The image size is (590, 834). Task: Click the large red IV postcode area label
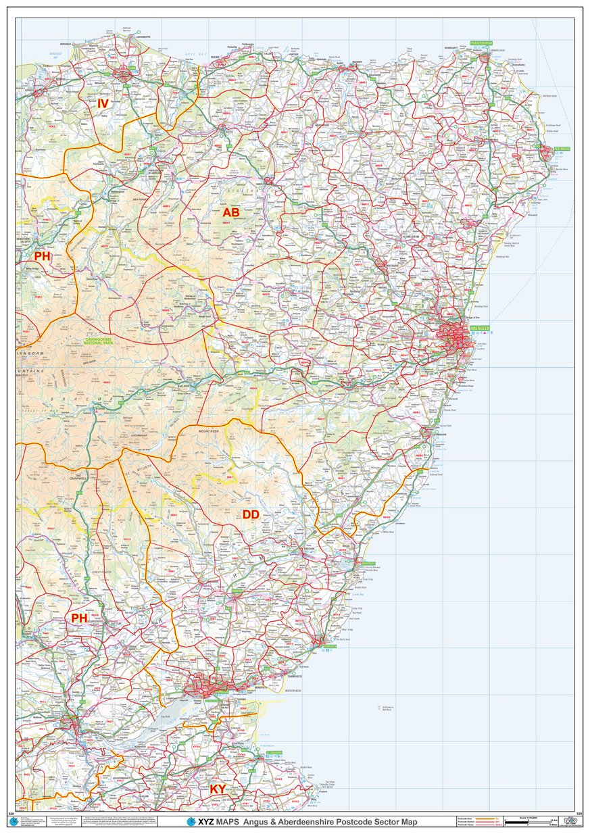103,103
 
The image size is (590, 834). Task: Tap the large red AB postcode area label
231,213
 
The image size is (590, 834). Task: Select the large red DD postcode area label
251,515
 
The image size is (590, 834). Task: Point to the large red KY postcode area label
218,789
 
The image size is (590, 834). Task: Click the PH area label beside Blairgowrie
79,618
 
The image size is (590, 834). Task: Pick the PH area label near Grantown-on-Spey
43,256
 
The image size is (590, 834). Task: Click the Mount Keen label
209,430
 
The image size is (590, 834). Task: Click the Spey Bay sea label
196,53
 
